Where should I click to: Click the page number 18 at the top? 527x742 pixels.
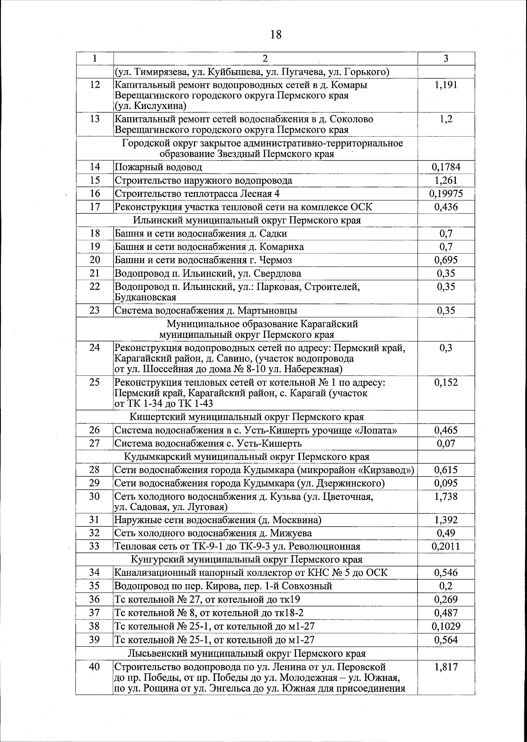pos(276,35)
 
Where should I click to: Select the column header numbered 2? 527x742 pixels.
pos(265,59)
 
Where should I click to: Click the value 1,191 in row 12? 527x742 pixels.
pos(446,85)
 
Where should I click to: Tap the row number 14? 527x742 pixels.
pos(95,167)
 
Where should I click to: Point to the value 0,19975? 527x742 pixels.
pos(446,194)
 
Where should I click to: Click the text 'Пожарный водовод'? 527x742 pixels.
pos(159,167)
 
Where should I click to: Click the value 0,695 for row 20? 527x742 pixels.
pos(446,260)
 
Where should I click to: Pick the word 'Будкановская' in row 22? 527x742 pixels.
pos(145,297)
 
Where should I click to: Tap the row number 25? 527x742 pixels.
pos(95,382)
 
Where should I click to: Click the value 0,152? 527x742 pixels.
pos(446,382)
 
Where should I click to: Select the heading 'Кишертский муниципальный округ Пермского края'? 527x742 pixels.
pos(247,416)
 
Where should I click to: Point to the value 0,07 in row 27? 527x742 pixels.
pos(446,443)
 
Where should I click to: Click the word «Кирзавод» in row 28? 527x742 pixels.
pos(386,470)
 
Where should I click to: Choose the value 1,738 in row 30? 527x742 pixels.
pos(446,496)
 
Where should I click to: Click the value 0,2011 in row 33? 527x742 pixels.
pos(446,546)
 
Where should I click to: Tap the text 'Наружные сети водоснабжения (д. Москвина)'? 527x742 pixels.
pos(218,520)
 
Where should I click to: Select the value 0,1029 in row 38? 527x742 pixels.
pos(446,626)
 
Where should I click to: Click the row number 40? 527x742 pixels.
pos(95,667)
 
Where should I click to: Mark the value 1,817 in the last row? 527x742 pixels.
pos(446,667)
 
